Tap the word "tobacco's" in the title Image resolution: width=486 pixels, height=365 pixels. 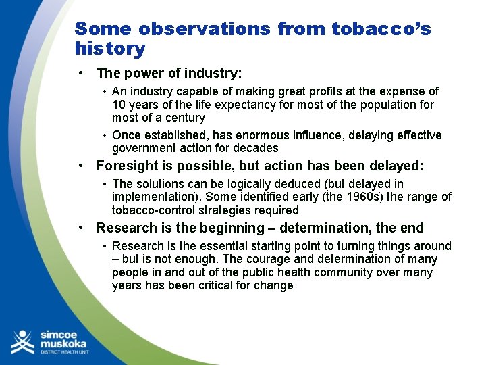[381, 29]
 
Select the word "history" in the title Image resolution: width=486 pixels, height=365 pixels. [110, 49]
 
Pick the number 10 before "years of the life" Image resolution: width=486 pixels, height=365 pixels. [119, 105]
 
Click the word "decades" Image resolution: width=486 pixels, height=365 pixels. [255, 148]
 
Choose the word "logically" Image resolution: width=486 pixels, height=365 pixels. [236, 184]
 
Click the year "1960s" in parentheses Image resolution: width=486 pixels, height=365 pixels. [377, 197]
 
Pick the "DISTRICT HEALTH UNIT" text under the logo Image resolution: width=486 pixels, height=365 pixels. [65, 353]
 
